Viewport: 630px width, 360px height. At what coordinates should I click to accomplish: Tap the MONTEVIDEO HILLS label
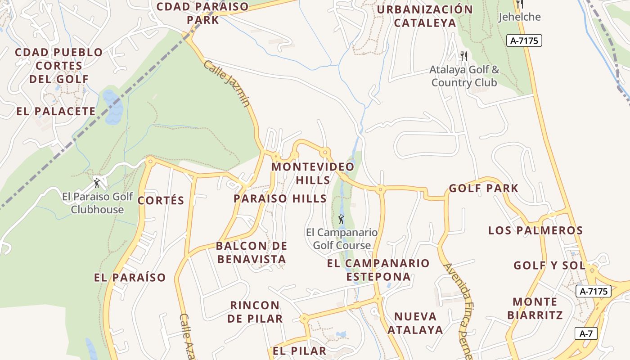(x=313, y=173)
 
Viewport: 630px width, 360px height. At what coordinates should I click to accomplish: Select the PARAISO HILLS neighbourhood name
(x=280, y=198)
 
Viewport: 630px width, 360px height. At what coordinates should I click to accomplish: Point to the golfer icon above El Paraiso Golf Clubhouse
(x=97, y=183)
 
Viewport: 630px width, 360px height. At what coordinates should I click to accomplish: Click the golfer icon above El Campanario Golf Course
(x=342, y=220)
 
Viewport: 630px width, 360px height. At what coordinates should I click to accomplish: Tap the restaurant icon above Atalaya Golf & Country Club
(x=464, y=56)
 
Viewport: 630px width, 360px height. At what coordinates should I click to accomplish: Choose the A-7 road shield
(x=586, y=334)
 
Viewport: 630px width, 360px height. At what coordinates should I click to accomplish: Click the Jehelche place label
(x=519, y=17)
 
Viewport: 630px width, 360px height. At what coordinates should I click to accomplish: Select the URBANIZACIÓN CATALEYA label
(x=425, y=16)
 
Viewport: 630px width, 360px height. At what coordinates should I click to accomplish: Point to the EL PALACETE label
(x=56, y=111)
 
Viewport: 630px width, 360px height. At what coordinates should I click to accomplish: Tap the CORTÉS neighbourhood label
(x=161, y=201)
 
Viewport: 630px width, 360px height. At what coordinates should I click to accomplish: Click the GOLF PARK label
(x=484, y=188)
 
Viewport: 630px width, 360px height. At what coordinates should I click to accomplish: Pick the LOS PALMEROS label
(x=535, y=230)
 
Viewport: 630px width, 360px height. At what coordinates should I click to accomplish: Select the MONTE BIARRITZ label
(x=535, y=308)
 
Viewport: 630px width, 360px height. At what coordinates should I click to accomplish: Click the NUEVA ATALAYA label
(x=415, y=323)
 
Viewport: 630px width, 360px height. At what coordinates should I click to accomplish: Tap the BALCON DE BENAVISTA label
(x=252, y=252)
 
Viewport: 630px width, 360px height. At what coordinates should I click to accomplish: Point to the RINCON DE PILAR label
(x=255, y=312)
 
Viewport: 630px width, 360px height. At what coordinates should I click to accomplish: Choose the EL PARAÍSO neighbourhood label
(x=130, y=277)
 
